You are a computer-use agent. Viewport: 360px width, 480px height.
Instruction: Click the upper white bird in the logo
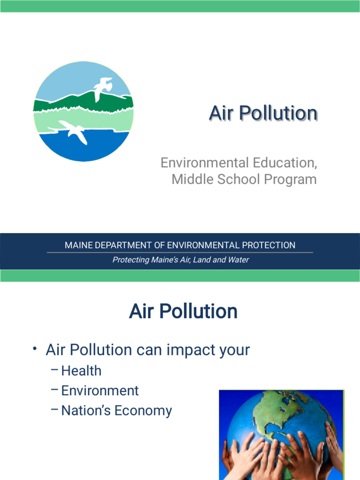[103, 89]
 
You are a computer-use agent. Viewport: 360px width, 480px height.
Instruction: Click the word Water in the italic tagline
[238, 260]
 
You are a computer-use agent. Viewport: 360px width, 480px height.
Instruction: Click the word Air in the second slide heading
[140, 312]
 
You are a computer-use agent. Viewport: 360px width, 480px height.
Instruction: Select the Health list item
[81, 371]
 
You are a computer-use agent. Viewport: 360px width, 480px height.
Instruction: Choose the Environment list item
[100, 390]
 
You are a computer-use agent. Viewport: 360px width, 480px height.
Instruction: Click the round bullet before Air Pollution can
[35, 348]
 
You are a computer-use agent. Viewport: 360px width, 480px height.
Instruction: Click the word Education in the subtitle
[283, 163]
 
